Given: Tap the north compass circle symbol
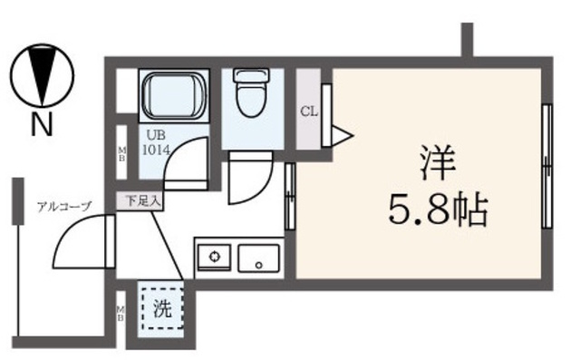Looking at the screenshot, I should tap(42, 76).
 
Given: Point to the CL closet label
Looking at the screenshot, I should tap(308, 112).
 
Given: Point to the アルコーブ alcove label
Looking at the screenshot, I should tap(64, 206).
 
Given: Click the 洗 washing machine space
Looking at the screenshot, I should tap(161, 308).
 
